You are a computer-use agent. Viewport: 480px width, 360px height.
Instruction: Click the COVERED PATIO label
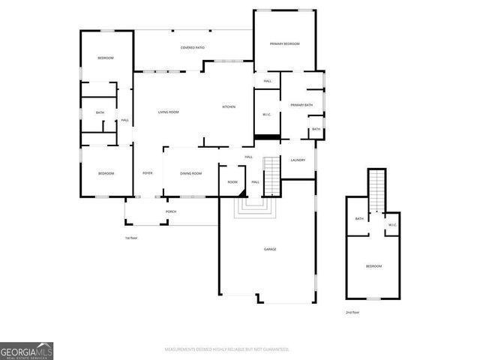tap(193, 48)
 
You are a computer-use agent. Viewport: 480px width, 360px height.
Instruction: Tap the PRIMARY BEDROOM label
tap(284, 44)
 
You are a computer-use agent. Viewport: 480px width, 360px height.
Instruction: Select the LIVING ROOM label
tap(168, 112)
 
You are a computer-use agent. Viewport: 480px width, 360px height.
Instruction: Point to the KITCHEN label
tap(229, 106)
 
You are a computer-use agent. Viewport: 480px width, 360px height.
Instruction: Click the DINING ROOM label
tap(191, 173)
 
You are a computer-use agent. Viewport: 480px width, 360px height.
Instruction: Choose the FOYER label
tap(148, 173)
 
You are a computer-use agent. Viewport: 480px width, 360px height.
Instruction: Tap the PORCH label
tap(170, 211)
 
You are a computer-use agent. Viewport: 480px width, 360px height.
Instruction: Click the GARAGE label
tap(270, 248)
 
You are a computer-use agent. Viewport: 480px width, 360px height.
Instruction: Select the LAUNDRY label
tap(297, 160)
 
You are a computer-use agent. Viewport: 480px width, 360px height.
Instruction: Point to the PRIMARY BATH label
tap(301, 105)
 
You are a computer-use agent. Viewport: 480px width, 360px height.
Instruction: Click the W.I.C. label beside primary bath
tap(266, 114)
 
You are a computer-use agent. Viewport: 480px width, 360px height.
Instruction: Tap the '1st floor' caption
tap(132, 238)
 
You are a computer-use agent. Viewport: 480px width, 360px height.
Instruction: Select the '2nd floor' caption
tap(352, 312)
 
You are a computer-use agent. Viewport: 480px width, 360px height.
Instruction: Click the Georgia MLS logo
tap(26, 351)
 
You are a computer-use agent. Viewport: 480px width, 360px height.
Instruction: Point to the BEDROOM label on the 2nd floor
tap(373, 266)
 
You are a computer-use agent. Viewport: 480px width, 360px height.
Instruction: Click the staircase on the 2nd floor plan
tap(376, 193)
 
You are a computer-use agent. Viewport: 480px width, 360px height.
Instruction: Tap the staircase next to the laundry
tap(272, 175)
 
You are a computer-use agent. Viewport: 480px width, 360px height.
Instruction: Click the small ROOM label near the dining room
tap(232, 182)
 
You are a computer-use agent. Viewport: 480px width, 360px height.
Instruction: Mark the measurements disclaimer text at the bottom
tap(227, 349)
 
